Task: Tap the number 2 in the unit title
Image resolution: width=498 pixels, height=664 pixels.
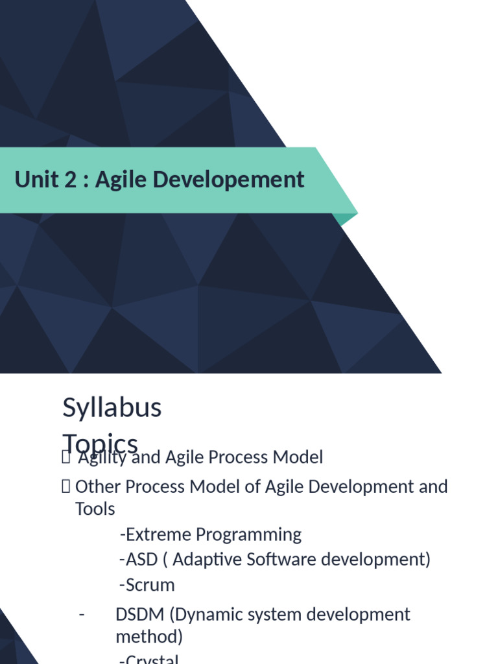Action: tap(71, 180)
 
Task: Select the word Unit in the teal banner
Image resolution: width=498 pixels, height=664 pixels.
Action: tap(37, 180)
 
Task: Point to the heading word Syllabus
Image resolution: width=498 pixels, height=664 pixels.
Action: tap(112, 408)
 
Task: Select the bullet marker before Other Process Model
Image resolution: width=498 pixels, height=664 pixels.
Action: tap(65, 486)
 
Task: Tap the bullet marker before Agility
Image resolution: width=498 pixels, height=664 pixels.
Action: tap(65, 458)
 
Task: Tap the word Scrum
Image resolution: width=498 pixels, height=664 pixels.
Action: tap(150, 585)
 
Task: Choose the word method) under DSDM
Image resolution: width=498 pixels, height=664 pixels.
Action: tap(149, 637)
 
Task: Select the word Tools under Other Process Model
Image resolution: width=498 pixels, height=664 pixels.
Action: tap(95, 509)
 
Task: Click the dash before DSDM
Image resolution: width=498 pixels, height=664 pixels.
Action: tap(81, 614)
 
